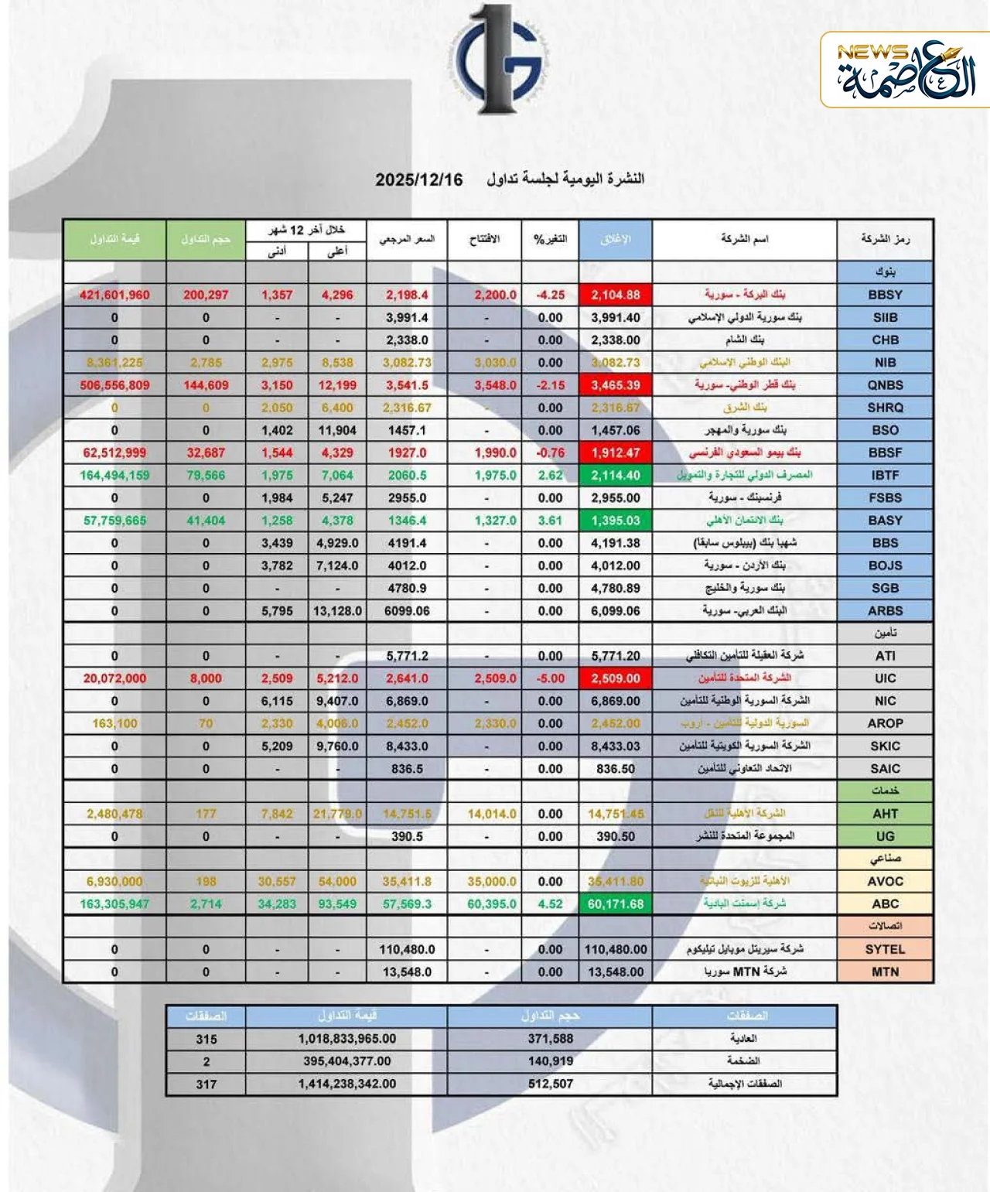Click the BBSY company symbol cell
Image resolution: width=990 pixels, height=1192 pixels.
click(885, 295)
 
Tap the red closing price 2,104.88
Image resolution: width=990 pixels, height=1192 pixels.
click(615, 295)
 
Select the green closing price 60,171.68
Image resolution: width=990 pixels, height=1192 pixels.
click(615, 903)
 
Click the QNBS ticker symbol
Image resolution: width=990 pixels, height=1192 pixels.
click(885, 385)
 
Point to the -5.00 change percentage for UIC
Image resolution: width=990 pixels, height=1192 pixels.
click(550, 678)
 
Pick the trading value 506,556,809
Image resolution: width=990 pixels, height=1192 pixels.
click(114, 385)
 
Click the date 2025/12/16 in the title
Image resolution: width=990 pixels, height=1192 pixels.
click(419, 179)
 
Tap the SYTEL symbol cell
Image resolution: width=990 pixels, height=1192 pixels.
click(885, 949)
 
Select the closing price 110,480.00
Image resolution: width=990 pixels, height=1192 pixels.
click(615, 949)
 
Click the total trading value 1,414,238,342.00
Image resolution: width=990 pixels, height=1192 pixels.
click(346, 1084)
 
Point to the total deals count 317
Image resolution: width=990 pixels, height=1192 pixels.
click(206, 1084)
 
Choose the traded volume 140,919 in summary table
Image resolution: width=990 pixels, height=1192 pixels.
click(550, 1061)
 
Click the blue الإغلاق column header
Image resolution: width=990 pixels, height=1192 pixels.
click(615, 239)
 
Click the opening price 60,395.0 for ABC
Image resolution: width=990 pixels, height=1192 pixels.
click(491, 903)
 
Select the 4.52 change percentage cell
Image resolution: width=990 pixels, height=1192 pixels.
click(550, 903)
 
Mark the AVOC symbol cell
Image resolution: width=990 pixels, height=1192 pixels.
click(885, 881)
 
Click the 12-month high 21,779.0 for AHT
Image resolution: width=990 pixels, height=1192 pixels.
click(337, 814)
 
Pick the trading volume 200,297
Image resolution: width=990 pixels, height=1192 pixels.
click(206, 295)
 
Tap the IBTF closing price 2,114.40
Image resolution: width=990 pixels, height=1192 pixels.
click(615, 476)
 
